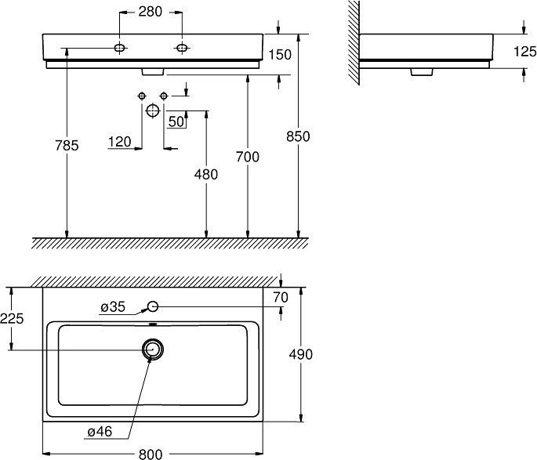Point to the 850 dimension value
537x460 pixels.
click(x=299, y=136)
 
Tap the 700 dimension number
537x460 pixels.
click(x=248, y=157)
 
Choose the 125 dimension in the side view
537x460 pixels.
click(x=524, y=52)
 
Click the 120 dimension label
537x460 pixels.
click(x=120, y=142)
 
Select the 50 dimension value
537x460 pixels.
click(x=176, y=121)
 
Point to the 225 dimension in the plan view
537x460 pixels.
click(x=12, y=318)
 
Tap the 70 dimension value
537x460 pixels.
click(x=281, y=297)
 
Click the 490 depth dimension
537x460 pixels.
click(x=301, y=354)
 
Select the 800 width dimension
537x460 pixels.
click(x=151, y=453)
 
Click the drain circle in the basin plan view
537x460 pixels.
click(x=153, y=350)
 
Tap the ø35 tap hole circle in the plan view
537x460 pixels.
click(x=153, y=306)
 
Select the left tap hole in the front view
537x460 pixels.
click(x=120, y=49)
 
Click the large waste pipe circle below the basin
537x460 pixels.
click(x=153, y=110)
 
